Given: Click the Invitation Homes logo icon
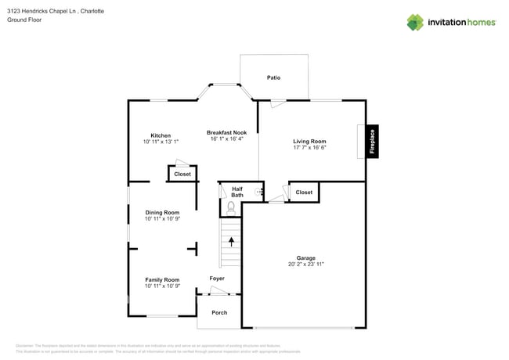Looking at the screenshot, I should click(415, 22).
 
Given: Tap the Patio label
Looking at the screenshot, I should click(273, 77).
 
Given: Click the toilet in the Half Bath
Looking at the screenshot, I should click(231, 208).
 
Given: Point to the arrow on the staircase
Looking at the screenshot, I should click(231, 242).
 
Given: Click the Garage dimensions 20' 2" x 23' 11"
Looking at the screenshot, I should click(305, 265).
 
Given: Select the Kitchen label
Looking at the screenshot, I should click(161, 135).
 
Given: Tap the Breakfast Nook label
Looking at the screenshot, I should click(226, 133).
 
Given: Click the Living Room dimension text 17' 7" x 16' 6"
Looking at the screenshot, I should click(309, 147).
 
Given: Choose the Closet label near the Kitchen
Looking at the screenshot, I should click(182, 174).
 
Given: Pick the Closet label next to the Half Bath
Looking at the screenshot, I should click(304, 192).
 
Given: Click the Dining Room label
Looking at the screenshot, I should click(162, 212).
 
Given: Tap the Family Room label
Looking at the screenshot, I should click(162, 279).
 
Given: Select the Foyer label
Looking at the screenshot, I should click(217, 278).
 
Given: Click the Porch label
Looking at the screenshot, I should click(219, 312).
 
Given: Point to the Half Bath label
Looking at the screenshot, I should click(236, 192).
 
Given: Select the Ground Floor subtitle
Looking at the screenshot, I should click(24, 20).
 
